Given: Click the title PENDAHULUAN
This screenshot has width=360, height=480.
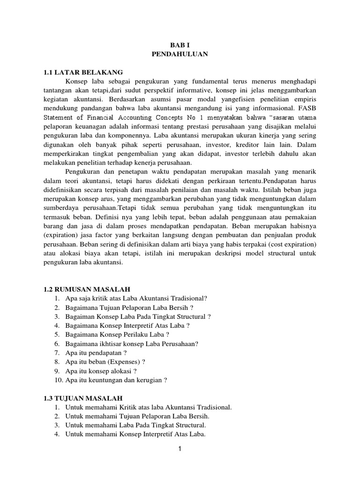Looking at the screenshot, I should click(180, 54).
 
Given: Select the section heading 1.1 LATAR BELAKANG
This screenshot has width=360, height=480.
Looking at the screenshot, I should click(82, 72).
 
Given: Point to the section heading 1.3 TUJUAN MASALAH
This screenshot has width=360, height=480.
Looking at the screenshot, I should click(83, 398).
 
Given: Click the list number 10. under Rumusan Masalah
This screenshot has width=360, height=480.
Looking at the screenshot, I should click(58, 380).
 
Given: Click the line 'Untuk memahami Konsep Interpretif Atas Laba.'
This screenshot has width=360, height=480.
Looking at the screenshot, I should click(135, 434).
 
